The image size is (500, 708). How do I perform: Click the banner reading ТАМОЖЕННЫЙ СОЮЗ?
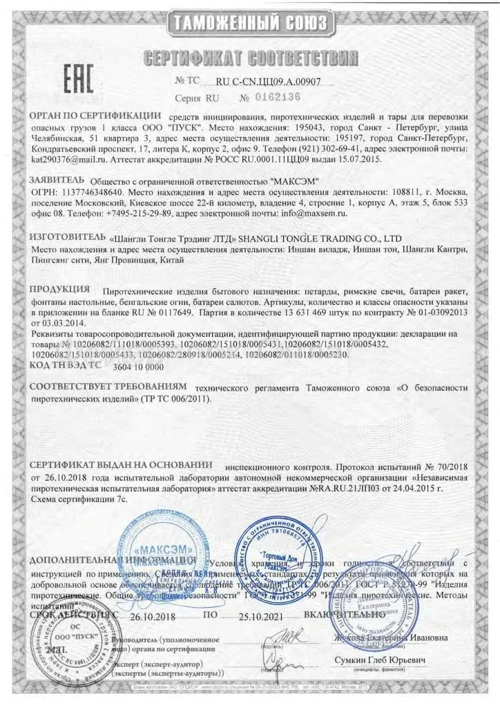(x=249, y=23)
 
